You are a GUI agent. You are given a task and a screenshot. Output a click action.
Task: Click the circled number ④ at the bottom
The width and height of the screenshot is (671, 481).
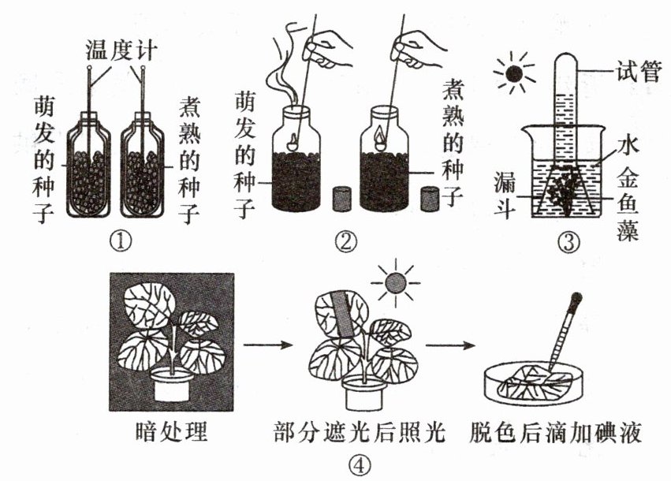[x=359, y=467]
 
